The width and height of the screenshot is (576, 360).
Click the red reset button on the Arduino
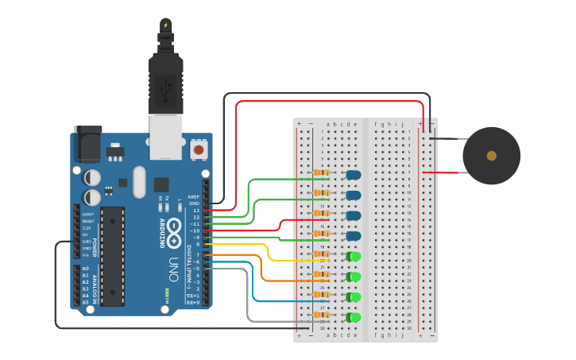(198, 149)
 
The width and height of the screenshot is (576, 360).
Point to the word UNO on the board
(173, 269)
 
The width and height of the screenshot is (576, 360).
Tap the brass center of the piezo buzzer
(491, 156)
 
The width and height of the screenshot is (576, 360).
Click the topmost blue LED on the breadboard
(353, 174)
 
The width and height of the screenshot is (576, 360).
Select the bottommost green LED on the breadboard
(354, 317)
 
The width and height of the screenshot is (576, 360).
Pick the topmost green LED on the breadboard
(354, 256)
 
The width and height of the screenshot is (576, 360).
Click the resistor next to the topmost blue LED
(322, 172)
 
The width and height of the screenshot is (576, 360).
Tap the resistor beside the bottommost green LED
(322, 315)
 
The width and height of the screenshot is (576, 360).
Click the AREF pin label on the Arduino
(193, 196)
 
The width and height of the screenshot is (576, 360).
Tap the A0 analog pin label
(85, 269)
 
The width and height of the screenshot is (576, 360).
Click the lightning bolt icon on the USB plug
(165, 25)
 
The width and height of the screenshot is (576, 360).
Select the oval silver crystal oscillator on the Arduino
(140, 182)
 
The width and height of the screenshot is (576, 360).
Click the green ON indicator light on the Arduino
(167, 291)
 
